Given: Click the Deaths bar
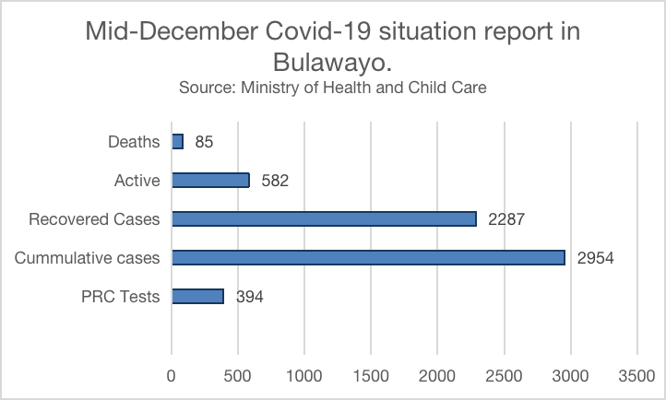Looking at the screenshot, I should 177,142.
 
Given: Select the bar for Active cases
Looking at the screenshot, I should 210,181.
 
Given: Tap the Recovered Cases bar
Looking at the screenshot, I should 324,219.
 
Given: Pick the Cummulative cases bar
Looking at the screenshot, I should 368,258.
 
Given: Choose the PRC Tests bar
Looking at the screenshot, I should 197,297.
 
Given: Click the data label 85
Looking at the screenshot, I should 205,143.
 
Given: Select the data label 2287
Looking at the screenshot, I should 506,220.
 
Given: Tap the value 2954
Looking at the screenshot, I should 595,259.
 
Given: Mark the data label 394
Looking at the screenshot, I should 248,298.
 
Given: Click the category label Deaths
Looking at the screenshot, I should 134,143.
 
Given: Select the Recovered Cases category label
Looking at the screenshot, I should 94,220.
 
